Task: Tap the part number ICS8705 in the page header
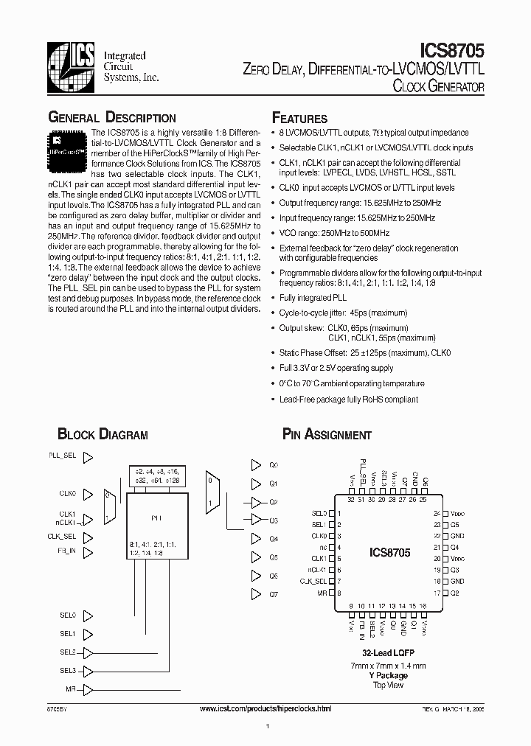[451, 51]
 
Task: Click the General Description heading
[111, 118]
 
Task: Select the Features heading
[299, 119]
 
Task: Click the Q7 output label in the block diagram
[273, 593]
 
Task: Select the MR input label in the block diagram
[70, 689]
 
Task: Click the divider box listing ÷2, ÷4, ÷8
[157, 475]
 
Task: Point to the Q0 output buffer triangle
[255, 465]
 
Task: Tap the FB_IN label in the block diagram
[66, 551]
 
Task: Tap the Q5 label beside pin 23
[455, 524]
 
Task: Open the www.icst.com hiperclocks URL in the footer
[266, 708]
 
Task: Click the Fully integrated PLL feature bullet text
[313, 298]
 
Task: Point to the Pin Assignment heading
[327, 435]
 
